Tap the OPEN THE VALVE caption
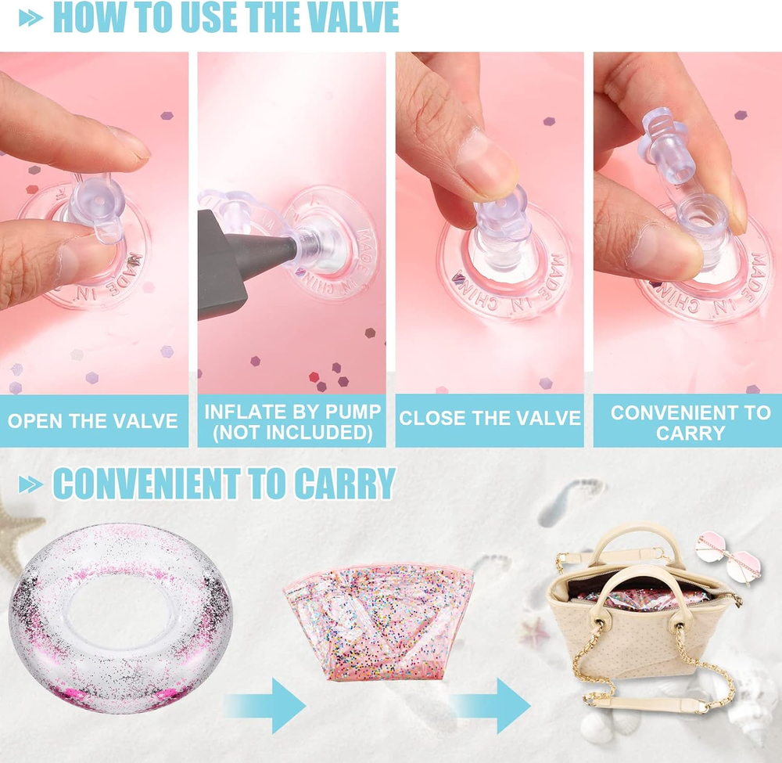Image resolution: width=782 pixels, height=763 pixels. [93, 421]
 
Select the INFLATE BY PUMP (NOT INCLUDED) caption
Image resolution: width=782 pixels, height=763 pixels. [292, 422]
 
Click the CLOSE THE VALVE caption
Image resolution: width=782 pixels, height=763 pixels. [490, 418]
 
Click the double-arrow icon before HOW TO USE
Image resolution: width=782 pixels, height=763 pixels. [31, 18]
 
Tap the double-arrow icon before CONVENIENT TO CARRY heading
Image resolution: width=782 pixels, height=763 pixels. [31, 484]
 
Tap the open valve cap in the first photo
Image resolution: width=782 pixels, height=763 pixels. [96, 204]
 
